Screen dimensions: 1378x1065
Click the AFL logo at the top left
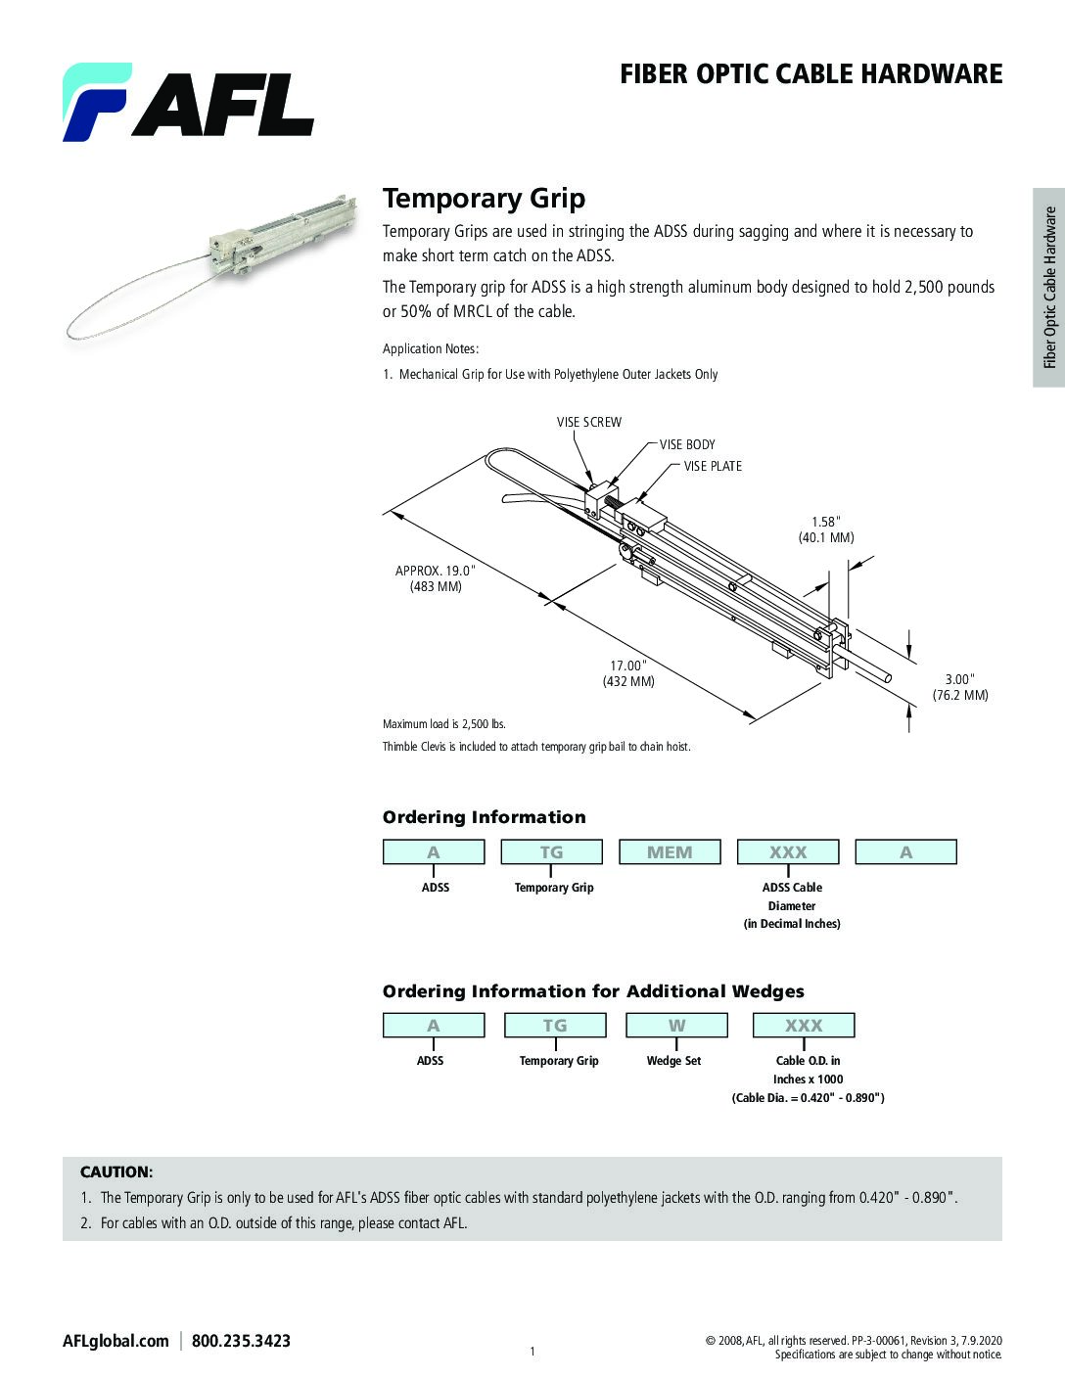[188, 102]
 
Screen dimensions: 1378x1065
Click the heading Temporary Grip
[484, 199]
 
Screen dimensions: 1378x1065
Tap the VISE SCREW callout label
[589, 422]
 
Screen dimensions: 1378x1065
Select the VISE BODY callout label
[687, 444]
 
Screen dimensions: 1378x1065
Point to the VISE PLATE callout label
[713, 466]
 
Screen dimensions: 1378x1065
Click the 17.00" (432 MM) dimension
[628, 673]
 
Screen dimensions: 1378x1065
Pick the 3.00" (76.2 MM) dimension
[959, 687]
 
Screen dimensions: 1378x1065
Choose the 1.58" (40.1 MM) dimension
[826, 529]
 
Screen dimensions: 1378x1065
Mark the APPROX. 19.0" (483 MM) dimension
[436, 578]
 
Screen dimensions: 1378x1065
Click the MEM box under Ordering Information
[670, 852]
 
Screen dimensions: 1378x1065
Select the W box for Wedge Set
[676, 1026]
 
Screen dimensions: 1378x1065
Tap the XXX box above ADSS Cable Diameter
[788, 852]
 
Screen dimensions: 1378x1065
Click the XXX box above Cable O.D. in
[804, 1026]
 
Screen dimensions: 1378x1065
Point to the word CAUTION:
[116, 1171]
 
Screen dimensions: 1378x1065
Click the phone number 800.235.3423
[241, 1341]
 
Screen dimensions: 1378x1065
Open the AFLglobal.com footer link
[116, 1341]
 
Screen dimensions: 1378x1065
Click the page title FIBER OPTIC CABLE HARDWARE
[810, 74]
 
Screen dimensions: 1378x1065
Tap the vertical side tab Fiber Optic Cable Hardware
[1049, 287]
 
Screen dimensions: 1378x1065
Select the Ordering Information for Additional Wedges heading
[593, 991]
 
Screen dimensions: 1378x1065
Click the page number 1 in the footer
[532, 1352]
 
